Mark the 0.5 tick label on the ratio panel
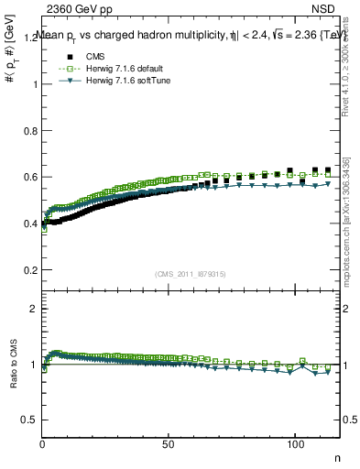29,420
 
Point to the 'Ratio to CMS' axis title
12,379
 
